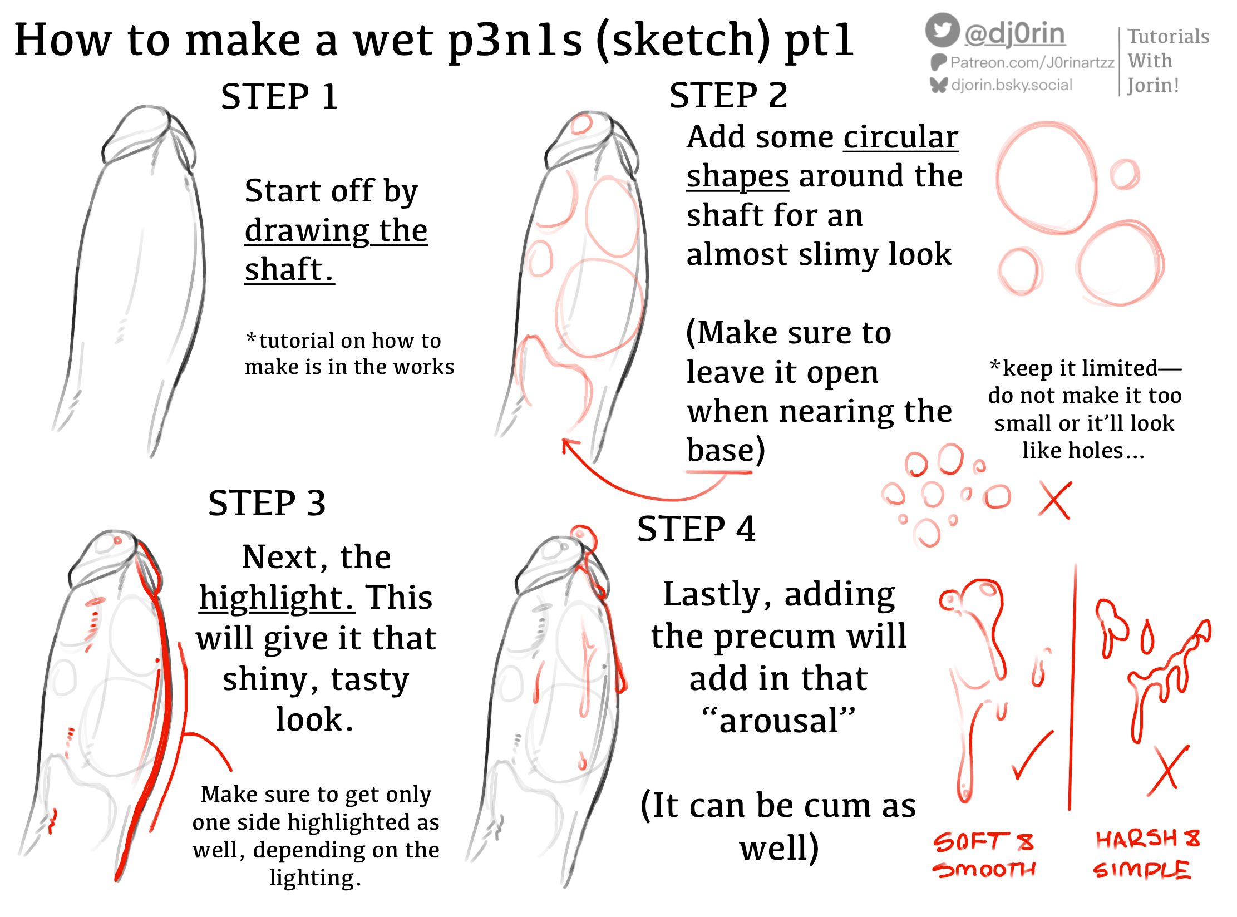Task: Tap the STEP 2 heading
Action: pos(728,95)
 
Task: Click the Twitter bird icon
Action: pos(942,30)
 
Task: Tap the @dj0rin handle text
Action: pos(1014,34)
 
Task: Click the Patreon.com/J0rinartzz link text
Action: pos(1032,62)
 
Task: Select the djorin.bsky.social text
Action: pos(1011,85)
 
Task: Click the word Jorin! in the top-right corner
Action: pos(1153,85)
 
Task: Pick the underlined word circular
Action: pos(900,137)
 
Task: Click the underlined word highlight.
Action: pos(277,598)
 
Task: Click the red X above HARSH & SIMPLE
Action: pos(1167,771)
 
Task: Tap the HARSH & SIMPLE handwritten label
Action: pos(1146,854)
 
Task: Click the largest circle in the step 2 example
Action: pos(1046,178)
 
